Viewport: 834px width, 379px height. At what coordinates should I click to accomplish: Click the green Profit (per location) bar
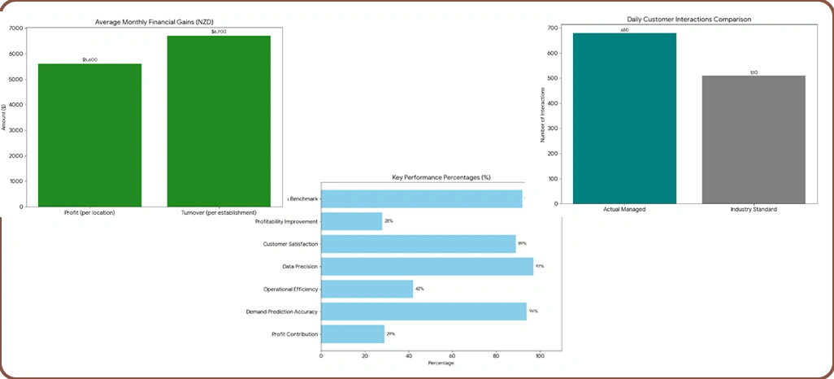pyautogui.click(x=89, y=134)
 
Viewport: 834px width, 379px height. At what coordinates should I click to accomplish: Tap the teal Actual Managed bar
pyautogui.click(x=624, y=118)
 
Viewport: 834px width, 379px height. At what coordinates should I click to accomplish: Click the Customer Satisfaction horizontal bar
pyautogui.click(x=419, y=244)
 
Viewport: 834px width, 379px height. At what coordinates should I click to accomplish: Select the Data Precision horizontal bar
pyautogui.click(x=428, y=266)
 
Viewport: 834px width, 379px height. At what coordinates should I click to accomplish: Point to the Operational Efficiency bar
pyautogui.click(x=367, y=289)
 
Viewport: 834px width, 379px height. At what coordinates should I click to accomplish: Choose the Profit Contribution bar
pyautogui.click(x=353, y=334)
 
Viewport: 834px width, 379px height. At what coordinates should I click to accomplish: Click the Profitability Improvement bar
pyautogui.click(x=352, y=221)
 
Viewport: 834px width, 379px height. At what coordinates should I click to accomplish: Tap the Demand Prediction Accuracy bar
pyautogui.click(x=424, y=311)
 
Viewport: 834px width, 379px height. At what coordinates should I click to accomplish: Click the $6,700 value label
pyautogui.click(x=219, y=31)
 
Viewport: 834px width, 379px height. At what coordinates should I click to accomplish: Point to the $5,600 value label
pyautogui.click(x=89, y=59)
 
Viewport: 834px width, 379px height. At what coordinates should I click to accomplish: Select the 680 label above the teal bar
pyautogui.click(x=624, y=29)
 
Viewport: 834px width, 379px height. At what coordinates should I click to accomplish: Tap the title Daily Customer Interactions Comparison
pyautogui.click(x=689, y=18)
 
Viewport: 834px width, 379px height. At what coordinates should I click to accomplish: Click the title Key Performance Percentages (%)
pyautogui.click(x=441, y=177)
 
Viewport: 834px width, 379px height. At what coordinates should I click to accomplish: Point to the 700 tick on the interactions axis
pyautogui.click(x=553, y=28)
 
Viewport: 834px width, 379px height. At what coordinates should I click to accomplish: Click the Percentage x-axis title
pyautogui.click(x=441, y=363)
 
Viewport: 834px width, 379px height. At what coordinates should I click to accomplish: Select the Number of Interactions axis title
pyautogui.click(x=542, y=115)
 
